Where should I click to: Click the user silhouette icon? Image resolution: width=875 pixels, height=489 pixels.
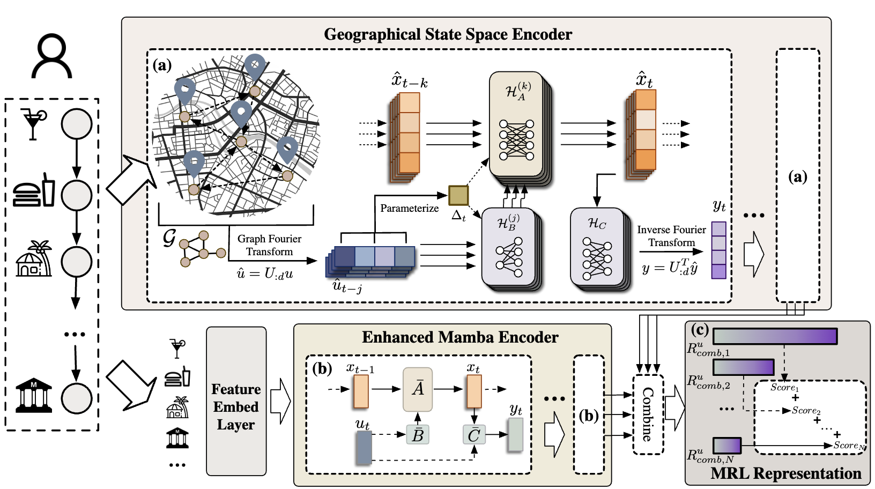(51, 56)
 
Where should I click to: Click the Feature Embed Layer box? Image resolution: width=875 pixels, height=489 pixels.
(236, 402)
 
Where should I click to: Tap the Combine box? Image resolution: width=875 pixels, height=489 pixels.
(648, 414)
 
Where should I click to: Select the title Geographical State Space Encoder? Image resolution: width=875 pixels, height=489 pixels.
(448, 34)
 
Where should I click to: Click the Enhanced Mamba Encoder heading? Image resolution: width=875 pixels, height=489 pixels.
(459, 337)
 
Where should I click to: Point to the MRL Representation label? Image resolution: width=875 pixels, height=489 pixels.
(785, 473)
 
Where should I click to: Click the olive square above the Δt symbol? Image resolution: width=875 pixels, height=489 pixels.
(458, 196)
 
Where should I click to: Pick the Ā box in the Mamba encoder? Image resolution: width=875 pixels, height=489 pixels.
(418, 389)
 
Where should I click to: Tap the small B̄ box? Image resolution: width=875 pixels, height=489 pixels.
(418, 435)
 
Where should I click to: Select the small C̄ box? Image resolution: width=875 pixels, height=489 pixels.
(474, 435)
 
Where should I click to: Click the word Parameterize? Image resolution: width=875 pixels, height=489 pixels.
(409, 209)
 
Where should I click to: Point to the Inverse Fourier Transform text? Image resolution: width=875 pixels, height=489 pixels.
(671, 236)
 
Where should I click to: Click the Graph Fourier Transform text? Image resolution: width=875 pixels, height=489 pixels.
(269, 245)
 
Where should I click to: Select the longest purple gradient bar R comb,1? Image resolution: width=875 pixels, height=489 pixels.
(775, 336)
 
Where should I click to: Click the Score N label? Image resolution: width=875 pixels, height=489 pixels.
(849, 445)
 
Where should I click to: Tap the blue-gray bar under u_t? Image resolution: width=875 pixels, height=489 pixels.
(364, 447)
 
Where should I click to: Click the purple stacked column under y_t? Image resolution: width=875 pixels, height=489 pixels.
(718, 250)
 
